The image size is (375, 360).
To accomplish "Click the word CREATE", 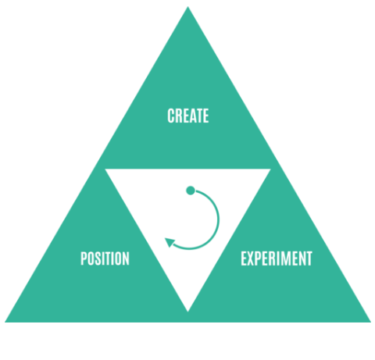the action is coord(188,116).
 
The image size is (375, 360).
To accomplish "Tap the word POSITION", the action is coord(105,258).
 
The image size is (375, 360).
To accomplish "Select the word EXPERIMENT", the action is coord(277,258).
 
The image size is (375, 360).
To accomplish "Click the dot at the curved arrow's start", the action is coord(191,191).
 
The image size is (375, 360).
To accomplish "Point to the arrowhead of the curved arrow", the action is coord(170,242).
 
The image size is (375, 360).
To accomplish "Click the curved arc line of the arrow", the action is coord(218,220).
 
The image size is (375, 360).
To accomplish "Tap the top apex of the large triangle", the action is coord(187,7).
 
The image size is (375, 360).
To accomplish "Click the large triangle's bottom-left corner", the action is coord(5,323).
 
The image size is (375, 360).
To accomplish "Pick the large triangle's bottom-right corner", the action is coord(371,323).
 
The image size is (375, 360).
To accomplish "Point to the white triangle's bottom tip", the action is coord(187,312).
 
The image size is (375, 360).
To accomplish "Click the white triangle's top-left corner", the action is coord(105,169).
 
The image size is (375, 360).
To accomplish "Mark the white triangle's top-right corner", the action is coord(271,169).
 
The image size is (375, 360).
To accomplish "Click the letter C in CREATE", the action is coord(170,116).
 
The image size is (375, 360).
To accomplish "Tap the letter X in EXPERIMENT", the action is coord(252,258).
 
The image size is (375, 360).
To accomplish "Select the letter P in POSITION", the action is coord(84,258).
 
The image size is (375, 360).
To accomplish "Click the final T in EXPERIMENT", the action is coord(309,258).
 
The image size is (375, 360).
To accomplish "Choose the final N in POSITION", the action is coord(126,258).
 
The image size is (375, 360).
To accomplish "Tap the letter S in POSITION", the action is coord(98,258).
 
